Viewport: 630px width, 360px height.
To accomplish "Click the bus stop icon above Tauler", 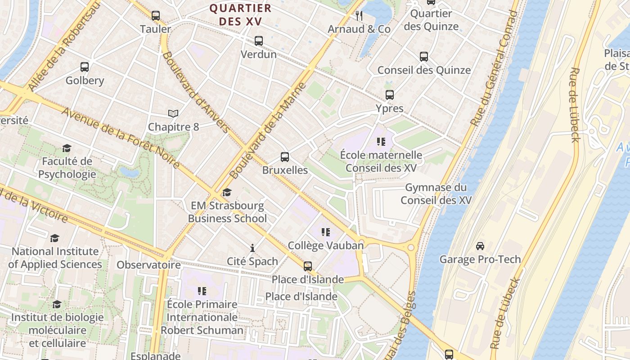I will pyautogui.click(x=156, y=16).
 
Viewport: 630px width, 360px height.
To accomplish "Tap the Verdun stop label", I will pyautogui.click(x=259, y=54).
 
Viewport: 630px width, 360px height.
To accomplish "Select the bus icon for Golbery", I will pyautogui.click(x=85, y=67).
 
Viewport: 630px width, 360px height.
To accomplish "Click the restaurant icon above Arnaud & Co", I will pyautogui.click(x=359, y=16).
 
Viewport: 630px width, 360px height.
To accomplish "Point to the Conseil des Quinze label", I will pyautogui.click(x=424, y=70).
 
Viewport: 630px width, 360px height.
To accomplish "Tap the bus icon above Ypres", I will pyautogui.click(x=390, y=95).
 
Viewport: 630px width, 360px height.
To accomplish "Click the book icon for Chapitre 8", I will pyautogui.click(x=173, y=113).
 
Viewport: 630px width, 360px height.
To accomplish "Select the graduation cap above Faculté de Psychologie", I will pyautogui.click(x=67, y=148).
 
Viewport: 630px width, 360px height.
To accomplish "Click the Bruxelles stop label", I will pyautogui.click(x=285, y=170).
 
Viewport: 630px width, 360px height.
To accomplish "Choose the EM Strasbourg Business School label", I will pyautogui.click(x=227, y=212).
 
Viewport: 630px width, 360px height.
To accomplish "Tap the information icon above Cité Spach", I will pyautogui.click(x=252, y=248).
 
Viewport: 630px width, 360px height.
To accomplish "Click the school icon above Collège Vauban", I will pyautogui.click(x=326, y=232).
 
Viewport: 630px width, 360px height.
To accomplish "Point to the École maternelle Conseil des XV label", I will pyautogui.click(x=381, y=162).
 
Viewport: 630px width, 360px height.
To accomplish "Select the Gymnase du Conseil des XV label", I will pyautogui.click(x=436, y=193).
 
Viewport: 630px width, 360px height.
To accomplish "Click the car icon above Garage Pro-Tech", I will pyautogui.click(x=480, y=246).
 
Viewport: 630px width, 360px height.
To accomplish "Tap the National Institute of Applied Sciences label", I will pyautogui.click(x=55, y=257).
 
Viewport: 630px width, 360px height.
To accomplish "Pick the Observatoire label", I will pyautogui.click(x=148, y=265).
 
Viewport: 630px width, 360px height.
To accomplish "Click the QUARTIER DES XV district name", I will pyautogui.click(x=241, y=15).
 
